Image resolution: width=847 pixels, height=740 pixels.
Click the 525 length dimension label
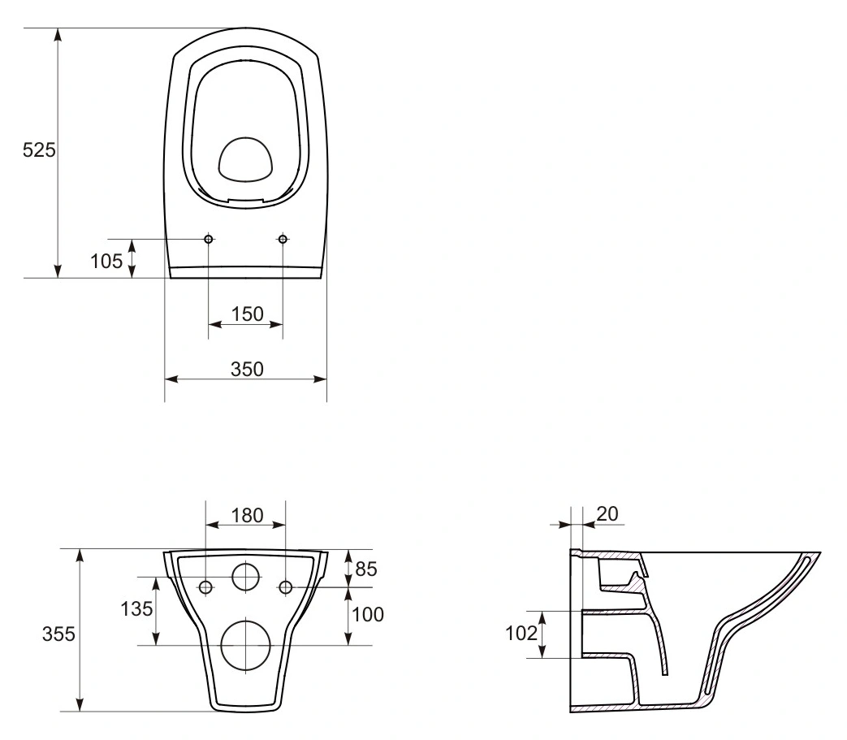39,149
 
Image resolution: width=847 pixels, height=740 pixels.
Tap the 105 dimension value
106,262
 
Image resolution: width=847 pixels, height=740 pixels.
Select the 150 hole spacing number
248,314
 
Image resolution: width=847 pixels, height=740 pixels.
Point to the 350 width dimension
247,369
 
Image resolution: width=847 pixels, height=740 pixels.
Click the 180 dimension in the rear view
248,515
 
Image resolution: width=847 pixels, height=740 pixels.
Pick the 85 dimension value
366,569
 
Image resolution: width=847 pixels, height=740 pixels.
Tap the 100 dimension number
368,614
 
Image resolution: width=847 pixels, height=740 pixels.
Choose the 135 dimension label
136,609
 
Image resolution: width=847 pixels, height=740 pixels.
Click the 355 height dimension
59,634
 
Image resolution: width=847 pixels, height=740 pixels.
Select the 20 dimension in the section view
607,513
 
